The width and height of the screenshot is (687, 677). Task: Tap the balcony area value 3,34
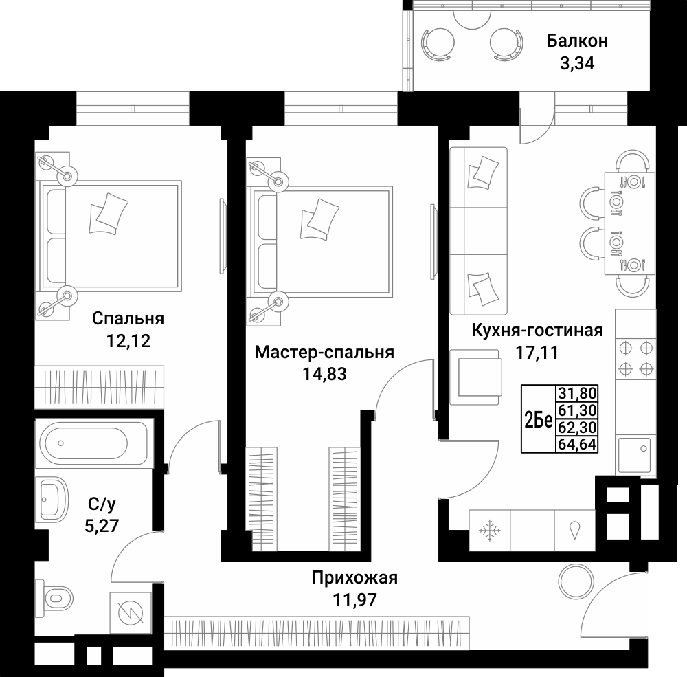(576, 65)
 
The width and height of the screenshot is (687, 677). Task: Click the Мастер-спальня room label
(324, 353)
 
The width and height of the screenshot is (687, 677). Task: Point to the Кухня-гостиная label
(537, 331)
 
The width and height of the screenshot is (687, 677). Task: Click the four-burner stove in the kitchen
(635, 357)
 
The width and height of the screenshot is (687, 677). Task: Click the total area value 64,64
(577, 444)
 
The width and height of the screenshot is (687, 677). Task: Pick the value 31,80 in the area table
(577, 394)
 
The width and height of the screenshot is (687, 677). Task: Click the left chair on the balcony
(436, 44)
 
